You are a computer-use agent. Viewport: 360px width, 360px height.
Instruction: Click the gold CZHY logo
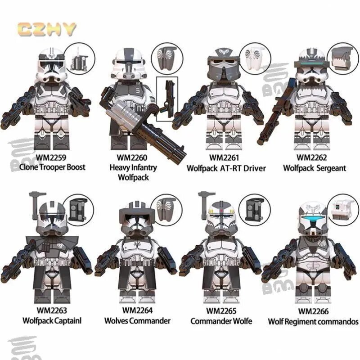[47, 29]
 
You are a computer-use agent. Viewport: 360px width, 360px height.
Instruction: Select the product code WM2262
[311, 157]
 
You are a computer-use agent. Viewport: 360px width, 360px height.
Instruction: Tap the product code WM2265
[221, 310]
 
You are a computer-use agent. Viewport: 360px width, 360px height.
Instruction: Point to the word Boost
[76, 167]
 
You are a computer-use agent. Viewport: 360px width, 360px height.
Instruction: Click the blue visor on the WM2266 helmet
[314, 217]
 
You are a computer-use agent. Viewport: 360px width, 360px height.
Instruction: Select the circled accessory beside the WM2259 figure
[79, 59]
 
